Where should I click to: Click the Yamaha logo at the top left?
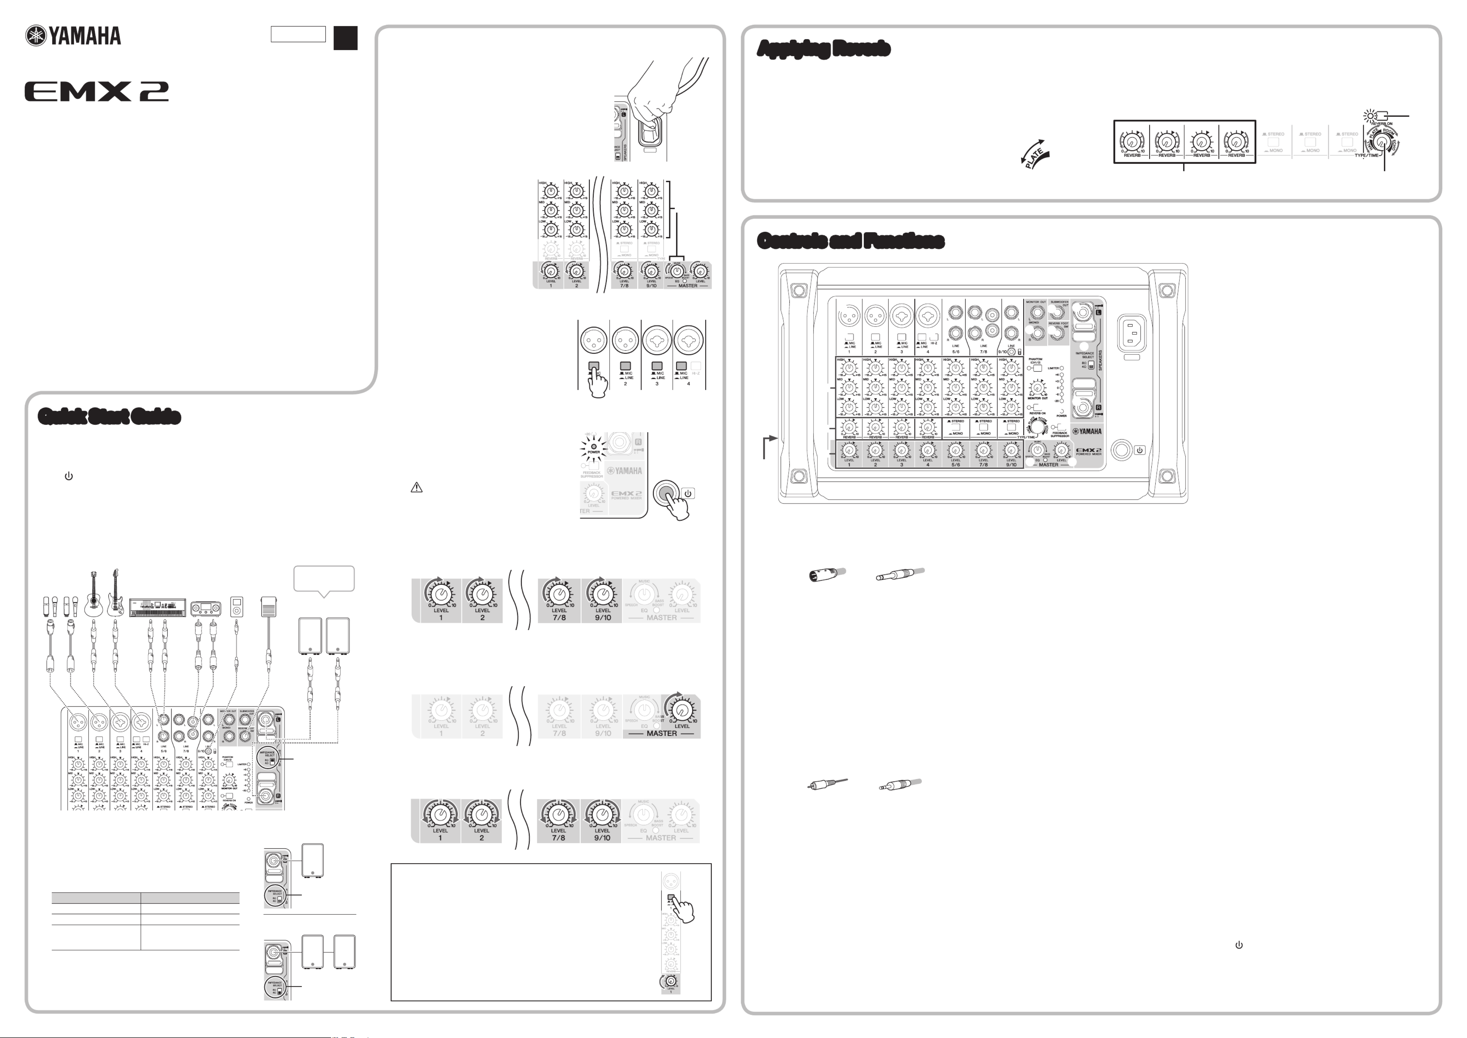73,36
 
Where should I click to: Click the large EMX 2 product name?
96,92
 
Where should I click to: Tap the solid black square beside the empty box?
345,38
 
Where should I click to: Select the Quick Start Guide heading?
109,417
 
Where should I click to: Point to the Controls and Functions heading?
850,241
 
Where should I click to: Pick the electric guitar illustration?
116,593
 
